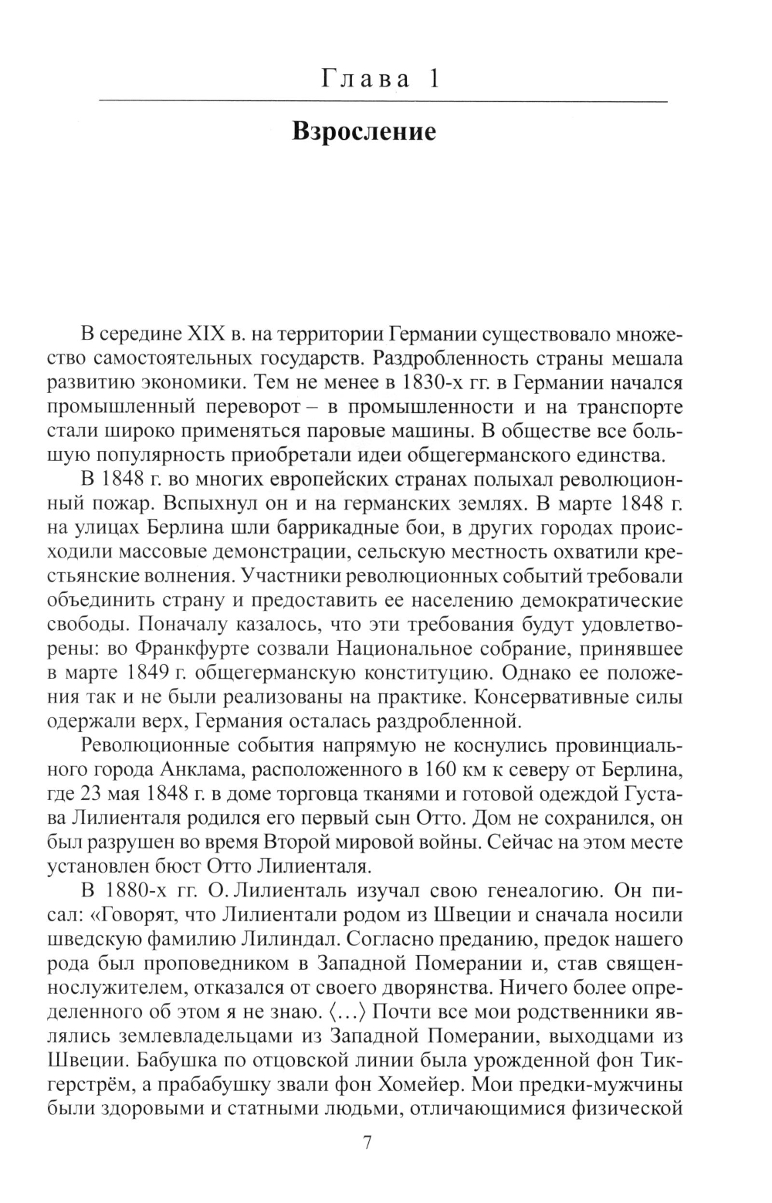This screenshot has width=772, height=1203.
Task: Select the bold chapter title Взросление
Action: tap(364, 132)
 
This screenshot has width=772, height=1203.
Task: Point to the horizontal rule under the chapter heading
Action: tap(384, 102)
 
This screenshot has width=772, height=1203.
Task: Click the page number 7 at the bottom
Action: tap(367, 1142)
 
